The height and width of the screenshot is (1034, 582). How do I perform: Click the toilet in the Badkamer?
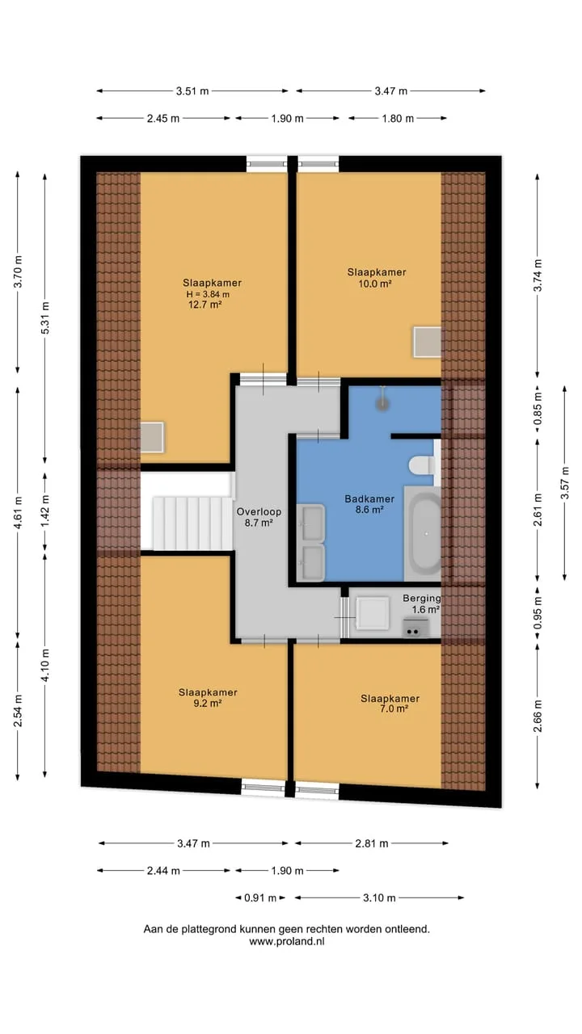coord(421,465)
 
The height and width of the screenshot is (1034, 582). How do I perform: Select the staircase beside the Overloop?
coord(192,523)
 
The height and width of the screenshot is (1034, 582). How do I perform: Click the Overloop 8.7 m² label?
coord(259,517)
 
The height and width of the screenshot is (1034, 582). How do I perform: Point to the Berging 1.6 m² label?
coord(422,603)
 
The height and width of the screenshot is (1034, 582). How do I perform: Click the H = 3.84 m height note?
coord(208,294)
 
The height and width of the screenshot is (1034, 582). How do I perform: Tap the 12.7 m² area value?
coord(205,305)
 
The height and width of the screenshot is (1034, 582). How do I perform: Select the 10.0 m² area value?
coord(375,284)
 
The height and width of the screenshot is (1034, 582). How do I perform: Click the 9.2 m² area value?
coord(208,704)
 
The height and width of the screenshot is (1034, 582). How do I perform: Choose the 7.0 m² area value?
coord(394,708)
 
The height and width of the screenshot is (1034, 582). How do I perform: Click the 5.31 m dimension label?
coord(44,317)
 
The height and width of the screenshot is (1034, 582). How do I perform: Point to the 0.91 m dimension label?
coord(260,897)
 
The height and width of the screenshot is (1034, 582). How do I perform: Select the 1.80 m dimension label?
coord(398,119)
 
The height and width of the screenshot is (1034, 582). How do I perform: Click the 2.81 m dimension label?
coord(371,843)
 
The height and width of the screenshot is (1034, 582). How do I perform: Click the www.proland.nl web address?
coord(286,941)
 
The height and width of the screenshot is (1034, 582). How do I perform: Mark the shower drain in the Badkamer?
coord(382,404)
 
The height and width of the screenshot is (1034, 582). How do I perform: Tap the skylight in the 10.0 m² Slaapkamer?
coord(427,342)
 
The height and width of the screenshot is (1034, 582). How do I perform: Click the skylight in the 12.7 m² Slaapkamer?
coord(152,437)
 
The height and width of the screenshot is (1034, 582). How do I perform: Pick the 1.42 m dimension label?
coord(44,511)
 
